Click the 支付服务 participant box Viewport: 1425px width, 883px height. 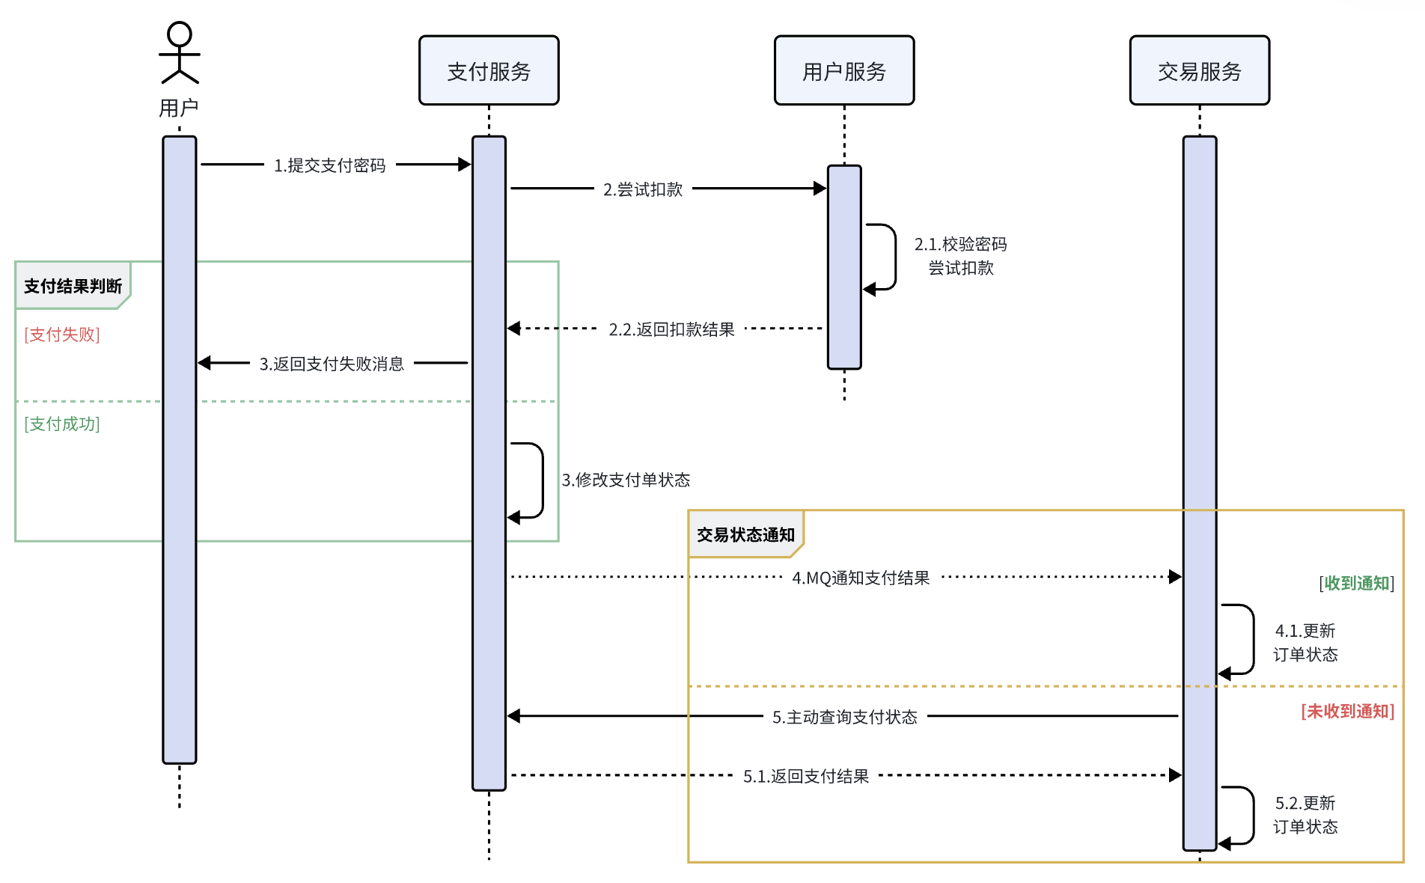pyautogui.click(x=489, y=70)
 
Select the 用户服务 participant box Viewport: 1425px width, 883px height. pyautogui.click(x=844, y=70)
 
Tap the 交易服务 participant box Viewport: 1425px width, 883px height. pyautogui.click(x=1200, y=70)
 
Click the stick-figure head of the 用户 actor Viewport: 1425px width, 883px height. pyautogui.click(x=180, y=34)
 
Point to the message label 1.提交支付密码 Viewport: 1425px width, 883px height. pyautogui.click(x=329, y=165)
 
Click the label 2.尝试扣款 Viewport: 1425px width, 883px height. pyautogui.click(x=643, y=189)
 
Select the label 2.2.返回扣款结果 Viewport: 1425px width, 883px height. pyautogui.click(x=671, y=329)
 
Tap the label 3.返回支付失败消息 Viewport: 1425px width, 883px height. pyautogui.click(x=332, y=364)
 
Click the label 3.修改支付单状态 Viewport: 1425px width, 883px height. pyautogui.click(x=626, y=480)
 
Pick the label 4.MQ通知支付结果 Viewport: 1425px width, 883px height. pyautogui.click(x=861, y=578)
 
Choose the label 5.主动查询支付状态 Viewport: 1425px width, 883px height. pyautogui.click(x=844, y=717)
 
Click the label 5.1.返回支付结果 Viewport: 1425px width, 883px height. pyautogui.click(x=805, y=776)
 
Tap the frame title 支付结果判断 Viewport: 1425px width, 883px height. pyautogui.click(x=73, y=286)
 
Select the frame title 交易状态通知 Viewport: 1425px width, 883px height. pyautogui.click(x=745, y=534)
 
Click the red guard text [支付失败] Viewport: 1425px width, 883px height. pyautogui.click(x=62, y=334)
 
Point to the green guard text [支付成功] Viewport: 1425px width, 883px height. pyautogui.click(x=62, y=424)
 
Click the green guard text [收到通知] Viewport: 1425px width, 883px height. pyautogui.click(x=1356, y=583)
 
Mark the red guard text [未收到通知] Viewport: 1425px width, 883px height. pyautogui.click(x=1347, y=711)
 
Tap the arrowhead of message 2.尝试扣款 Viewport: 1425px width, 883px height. pyautogui.click(x=820, y=189)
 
